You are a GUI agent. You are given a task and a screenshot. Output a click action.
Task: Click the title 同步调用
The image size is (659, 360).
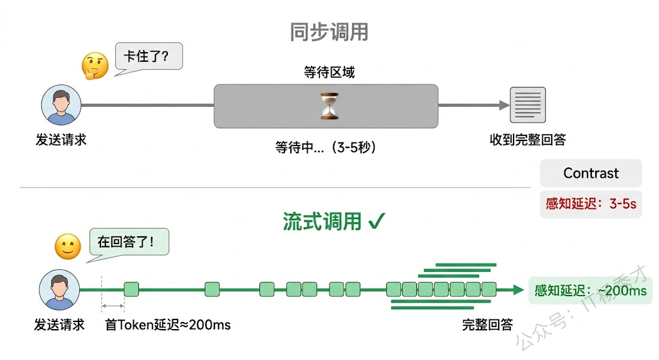click(329, 32)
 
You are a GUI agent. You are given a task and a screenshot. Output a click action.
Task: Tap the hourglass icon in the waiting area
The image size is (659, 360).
click(329, 106)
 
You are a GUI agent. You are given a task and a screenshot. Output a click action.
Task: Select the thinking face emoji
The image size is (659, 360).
click(94, 65)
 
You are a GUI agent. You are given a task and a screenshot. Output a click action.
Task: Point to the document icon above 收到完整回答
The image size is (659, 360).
click(528, 106)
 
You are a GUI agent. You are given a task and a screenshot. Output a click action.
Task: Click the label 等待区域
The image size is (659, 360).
click(329, 72)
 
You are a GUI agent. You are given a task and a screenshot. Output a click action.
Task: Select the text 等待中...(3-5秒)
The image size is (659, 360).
click(326, 147)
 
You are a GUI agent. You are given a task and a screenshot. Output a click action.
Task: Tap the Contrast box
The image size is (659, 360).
click(591, 173)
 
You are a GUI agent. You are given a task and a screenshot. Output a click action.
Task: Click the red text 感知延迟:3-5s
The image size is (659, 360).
click(591, 204)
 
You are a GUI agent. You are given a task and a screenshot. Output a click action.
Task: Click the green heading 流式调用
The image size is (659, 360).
click(322, 222)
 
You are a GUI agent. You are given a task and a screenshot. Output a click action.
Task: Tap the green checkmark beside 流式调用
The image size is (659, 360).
click(376, 222)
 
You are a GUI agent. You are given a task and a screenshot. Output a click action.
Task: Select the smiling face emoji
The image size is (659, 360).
click(68, 246)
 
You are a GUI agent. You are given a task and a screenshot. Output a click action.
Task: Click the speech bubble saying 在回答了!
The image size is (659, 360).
click(129, 243)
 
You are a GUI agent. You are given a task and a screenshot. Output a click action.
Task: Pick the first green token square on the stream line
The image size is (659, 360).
click(131, 289)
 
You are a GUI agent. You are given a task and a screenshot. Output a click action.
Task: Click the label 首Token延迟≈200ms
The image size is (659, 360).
click(167, 325)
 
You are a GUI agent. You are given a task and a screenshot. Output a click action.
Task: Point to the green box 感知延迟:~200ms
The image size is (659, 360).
click(589, 290)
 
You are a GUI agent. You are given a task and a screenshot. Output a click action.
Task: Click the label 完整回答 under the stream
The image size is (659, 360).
click(487, 325)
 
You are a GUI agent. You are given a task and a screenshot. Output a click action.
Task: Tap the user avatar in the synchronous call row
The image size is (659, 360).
click(61, 106)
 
